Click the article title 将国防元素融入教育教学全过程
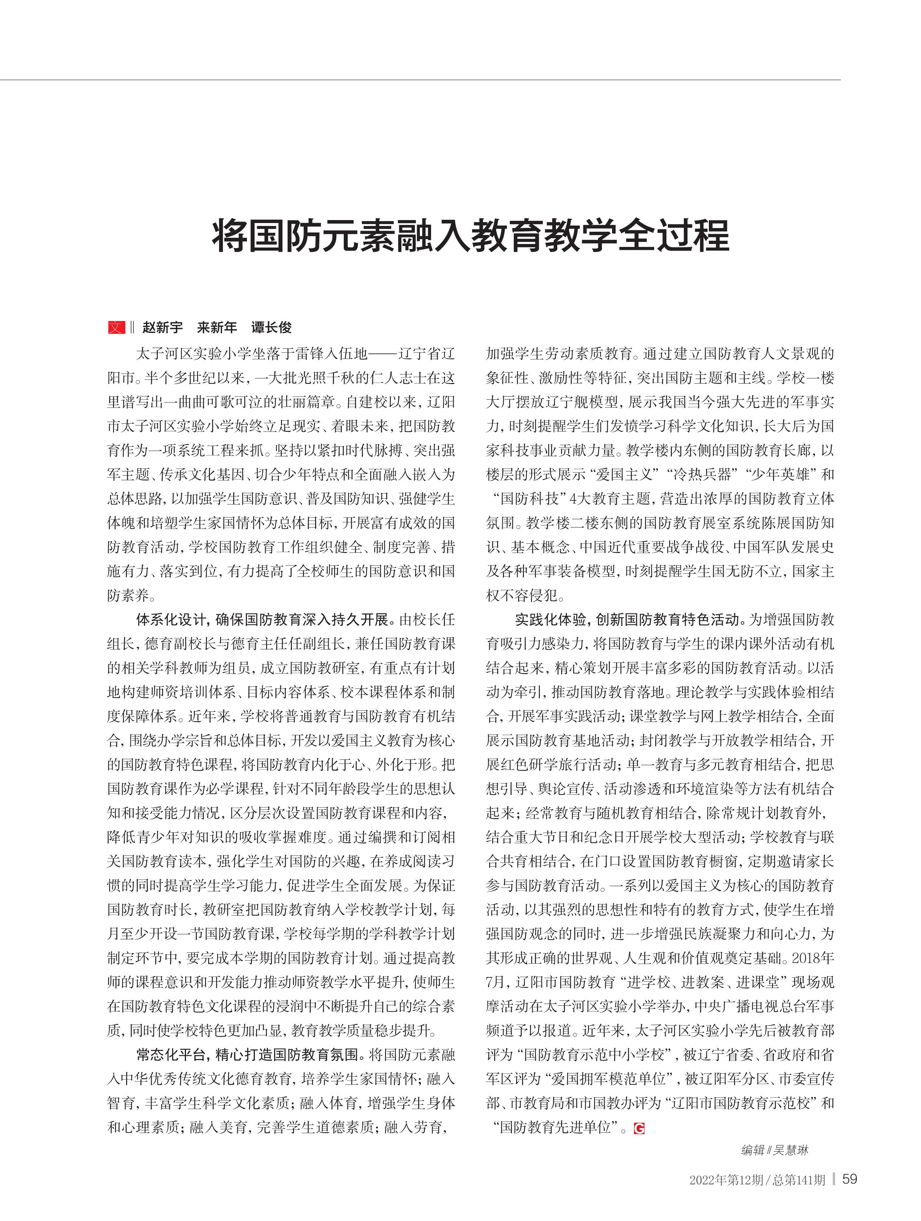coord(471,236)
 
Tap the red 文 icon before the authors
coord(116,327)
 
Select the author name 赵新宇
coord(162,327)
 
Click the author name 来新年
coord(217,327)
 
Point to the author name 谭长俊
coord(272,327)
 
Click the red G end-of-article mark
coord(639,1128)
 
